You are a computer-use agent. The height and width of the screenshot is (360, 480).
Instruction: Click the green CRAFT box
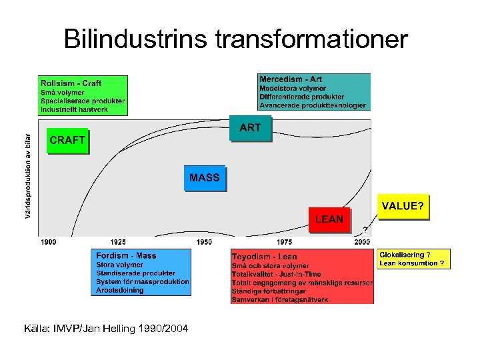click(67, 141)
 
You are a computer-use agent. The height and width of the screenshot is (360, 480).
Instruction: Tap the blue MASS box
click(204, 178)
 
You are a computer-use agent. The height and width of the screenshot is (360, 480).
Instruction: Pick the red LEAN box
click(329, 219)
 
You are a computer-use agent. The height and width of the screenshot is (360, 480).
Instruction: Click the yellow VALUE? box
click(402, 207)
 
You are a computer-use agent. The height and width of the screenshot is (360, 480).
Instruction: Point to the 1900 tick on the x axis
click(49, 242)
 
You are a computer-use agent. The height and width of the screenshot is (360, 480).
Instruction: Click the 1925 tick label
click(118, 242)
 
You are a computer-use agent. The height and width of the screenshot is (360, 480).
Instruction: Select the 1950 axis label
click(204, 242)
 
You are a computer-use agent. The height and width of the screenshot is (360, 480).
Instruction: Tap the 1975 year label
click(285, 242)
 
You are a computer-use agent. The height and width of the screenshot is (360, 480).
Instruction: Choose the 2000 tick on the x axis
click(362, 242)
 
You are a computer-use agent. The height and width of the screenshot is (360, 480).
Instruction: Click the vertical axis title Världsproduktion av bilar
click(28, 176)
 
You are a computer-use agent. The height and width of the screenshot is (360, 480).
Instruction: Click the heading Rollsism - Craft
click(71, 83)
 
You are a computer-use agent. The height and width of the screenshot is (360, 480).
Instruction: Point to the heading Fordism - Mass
click(126, 256)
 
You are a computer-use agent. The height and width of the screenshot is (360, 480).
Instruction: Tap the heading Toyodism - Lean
click(265, 257)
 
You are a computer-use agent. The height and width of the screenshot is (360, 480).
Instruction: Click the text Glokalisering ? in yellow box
click(405, 255)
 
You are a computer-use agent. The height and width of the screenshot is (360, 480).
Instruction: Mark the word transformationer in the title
click(311, 40)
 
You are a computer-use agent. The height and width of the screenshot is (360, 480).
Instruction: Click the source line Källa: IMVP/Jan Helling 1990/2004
click(106, 329)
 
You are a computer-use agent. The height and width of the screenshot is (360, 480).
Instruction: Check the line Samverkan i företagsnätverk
click(280, 300)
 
